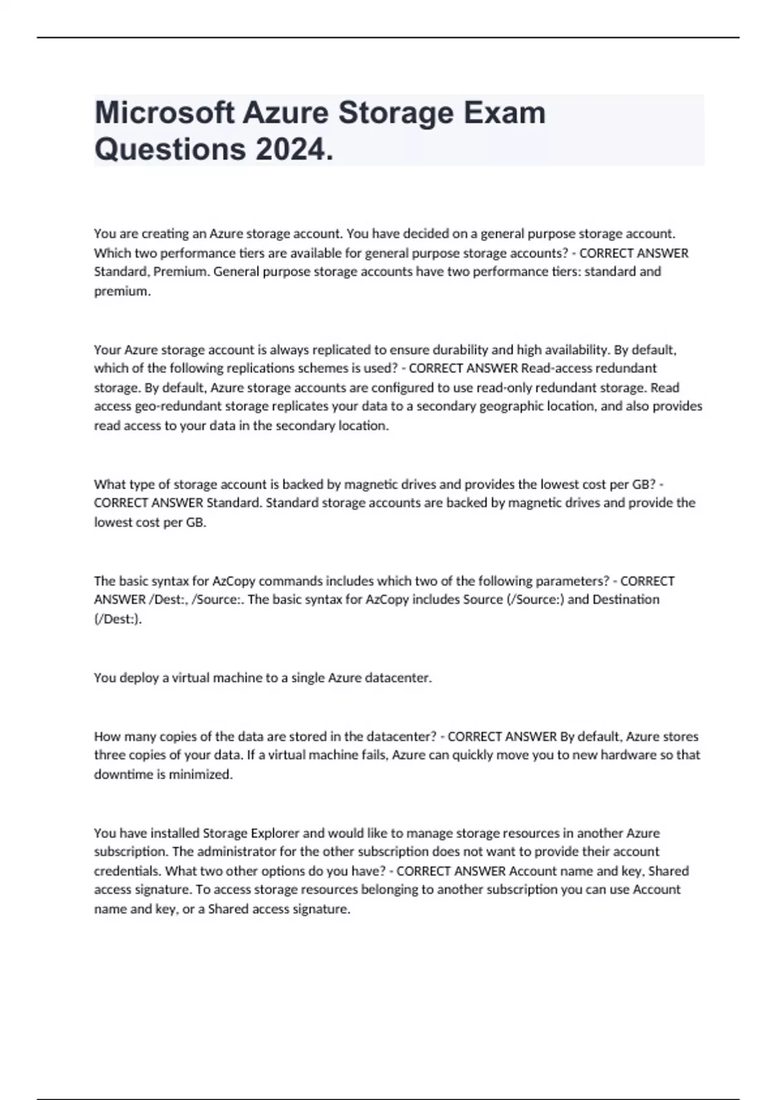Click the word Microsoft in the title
164,113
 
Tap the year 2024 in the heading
295,150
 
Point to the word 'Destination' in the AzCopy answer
626,600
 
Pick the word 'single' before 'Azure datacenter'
308,678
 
